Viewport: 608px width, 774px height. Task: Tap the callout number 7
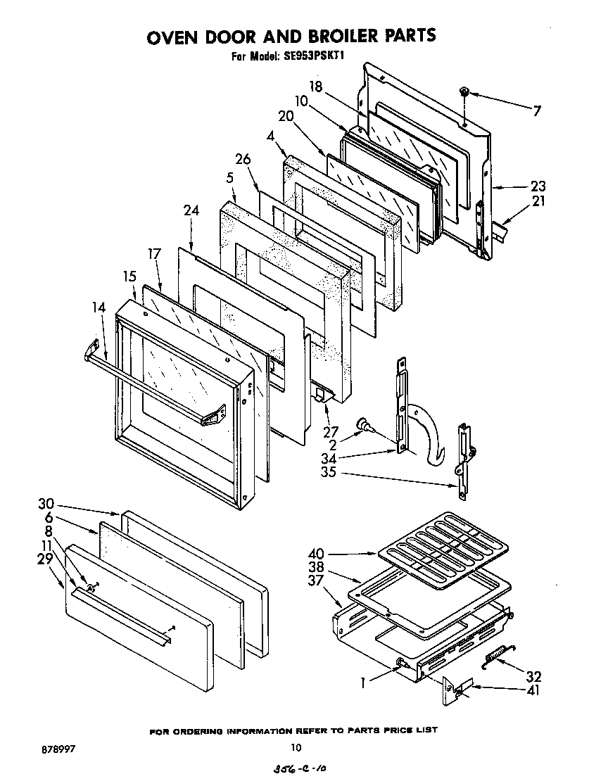[x=537, y=110]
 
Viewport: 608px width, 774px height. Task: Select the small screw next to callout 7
[x=465, y=92]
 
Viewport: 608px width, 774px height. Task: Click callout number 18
[x=315, y=87]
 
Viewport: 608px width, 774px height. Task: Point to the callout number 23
[x=538, y=186]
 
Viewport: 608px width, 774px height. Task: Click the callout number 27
[x=331, y=431]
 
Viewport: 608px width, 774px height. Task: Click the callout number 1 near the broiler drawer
[x=363, y=682]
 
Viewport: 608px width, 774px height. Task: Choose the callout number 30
[x=46, y=504]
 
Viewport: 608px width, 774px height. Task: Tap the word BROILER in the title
[x=333, y=36]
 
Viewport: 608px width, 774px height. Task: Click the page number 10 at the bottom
[x=296, y=748]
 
